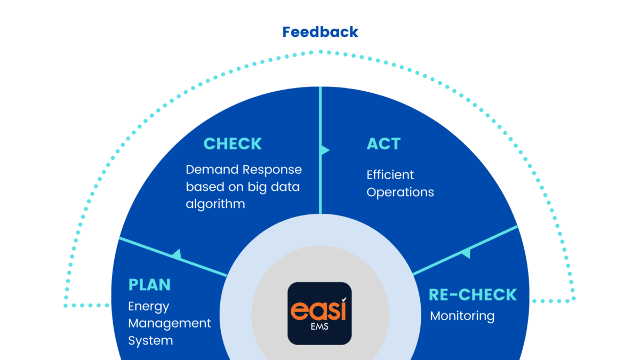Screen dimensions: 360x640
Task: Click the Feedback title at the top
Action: (320, 32)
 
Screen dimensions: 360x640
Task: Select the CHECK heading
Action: (233, 144)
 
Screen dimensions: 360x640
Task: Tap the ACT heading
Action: (383, 144)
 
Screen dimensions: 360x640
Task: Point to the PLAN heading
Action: (149, 284)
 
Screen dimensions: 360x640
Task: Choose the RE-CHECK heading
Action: (473, 295)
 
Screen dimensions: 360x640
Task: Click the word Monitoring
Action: (462, 316)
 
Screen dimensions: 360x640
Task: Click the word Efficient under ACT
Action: (390, 175)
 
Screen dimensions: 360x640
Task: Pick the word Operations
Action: (400, 192)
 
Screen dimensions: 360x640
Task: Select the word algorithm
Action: (215, 204)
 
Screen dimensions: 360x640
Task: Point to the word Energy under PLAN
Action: (149, 307)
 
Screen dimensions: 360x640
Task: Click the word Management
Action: (170, 323)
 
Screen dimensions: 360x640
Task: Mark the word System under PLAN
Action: (150, 340)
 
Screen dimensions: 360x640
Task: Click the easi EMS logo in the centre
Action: (320, 313)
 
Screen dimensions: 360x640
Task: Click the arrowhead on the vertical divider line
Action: (324, 150)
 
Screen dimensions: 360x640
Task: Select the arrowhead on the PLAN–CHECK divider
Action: (177, 255)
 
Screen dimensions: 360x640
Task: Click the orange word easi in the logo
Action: (318, 311)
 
